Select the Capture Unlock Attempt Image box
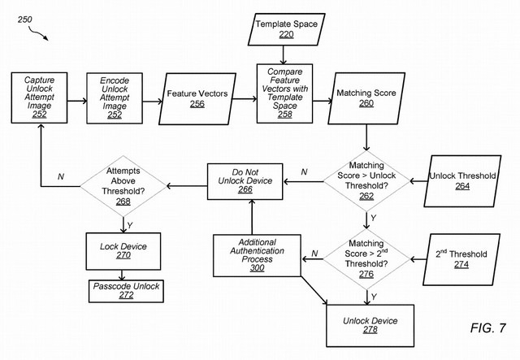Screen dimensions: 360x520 (x=39, y=98)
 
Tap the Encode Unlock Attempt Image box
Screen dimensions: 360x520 (x=115, y=98)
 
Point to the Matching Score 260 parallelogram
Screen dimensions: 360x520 (x=366, y=98)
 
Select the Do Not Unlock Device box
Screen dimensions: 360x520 (x=245, y=184)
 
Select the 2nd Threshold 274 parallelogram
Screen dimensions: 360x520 (x=461, y=258)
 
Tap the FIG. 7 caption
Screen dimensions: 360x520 (x=487, y=329)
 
